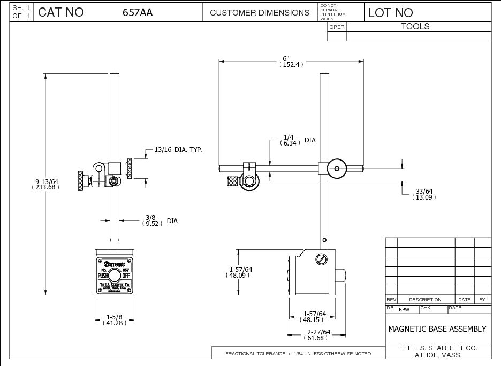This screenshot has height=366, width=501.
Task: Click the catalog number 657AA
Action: coord(138,12)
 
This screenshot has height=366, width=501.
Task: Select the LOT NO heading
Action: coord(390,13)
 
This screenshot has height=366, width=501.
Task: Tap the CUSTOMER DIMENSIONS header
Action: coord(260,12)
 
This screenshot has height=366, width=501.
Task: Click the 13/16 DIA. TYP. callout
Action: coord(179,150)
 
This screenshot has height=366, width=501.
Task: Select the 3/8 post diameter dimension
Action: coord(150,218)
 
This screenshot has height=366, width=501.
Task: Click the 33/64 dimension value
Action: coord(424,191)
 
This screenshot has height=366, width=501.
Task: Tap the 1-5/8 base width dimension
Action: coord(113,317)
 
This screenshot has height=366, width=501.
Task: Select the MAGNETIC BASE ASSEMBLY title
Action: coord(437,329)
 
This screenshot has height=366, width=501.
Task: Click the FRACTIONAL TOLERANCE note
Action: coord(298,354)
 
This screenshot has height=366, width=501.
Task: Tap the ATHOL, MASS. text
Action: coord(438,355)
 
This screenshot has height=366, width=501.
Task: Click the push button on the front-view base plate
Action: coord(114,276)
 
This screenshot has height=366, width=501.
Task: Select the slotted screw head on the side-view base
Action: coord(321,258)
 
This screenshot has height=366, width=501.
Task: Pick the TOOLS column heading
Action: coord(415,26)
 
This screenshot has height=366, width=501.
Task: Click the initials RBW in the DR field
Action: coord(404,309)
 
